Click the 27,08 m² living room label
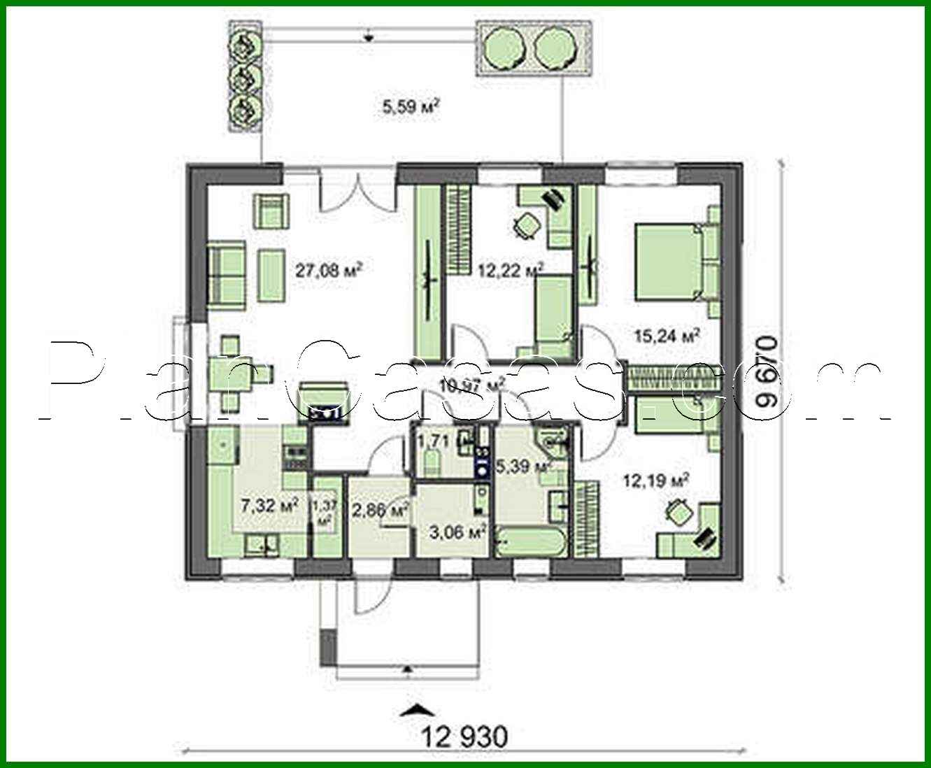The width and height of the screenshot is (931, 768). (328, 270)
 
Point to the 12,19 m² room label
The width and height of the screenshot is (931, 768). (656, 481)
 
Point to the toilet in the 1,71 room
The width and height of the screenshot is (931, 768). (431, 462)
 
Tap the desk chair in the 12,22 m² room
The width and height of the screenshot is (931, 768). (526, 226)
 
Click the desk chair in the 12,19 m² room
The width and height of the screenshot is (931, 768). (678, 513)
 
